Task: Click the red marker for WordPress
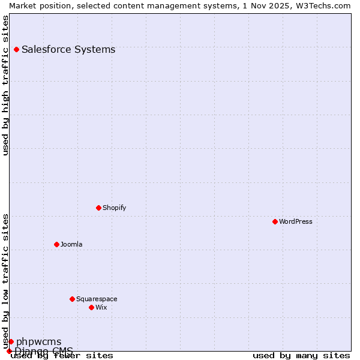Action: coord(275,221)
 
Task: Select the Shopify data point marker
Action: coord(98,208)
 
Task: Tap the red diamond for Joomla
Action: coord(56,244)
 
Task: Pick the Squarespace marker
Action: coord(72,299)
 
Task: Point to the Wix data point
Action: coord(91,307)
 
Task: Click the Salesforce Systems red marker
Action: coord(16,49)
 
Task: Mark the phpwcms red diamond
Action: coord(11,341)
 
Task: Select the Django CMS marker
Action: coord(9,351)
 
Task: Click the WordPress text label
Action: coord(296,221)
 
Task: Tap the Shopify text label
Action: coord(115,208)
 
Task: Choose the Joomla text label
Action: coord(71,244)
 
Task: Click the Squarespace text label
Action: coord(97,299)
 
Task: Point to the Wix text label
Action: coord(101,307)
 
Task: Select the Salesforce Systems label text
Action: coord(68,49)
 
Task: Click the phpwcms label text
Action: coord(38,342)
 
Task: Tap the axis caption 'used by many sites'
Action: coord(301,355)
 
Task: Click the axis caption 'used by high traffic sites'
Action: coord(5,85)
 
